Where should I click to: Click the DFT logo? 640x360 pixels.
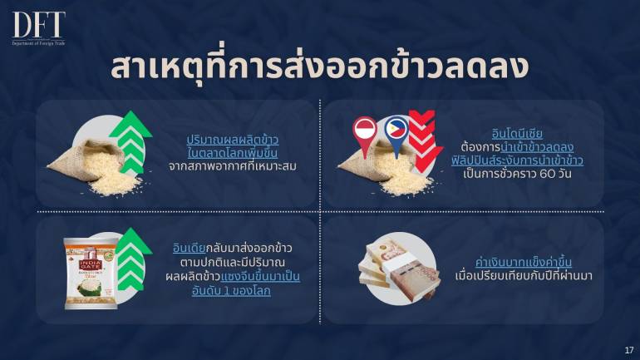point(39,28)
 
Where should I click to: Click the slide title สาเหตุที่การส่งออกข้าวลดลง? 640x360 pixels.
point(320,67)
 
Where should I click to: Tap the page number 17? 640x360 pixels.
point(628,350)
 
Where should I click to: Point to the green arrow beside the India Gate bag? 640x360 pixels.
point(132,259)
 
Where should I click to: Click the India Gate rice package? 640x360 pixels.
point(91,274)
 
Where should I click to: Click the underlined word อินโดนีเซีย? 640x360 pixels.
point(517,134)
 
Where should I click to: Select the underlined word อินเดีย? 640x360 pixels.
point(189,248)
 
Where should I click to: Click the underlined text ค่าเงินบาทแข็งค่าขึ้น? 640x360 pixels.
point(524,262)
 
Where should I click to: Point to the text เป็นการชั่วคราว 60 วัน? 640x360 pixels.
point(517,174)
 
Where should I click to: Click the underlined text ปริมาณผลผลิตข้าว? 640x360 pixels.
point(232,140)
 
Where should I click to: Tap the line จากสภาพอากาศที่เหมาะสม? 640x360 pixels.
point(232,166)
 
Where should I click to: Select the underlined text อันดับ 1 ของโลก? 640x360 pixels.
point(231,291)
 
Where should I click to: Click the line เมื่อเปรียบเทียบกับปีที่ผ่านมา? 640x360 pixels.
point(524,276)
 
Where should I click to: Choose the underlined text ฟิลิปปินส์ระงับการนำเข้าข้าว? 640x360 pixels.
point(517,160)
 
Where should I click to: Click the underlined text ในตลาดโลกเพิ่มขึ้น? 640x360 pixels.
point(232,153)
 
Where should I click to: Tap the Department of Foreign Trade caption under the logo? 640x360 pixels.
point(39,43)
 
